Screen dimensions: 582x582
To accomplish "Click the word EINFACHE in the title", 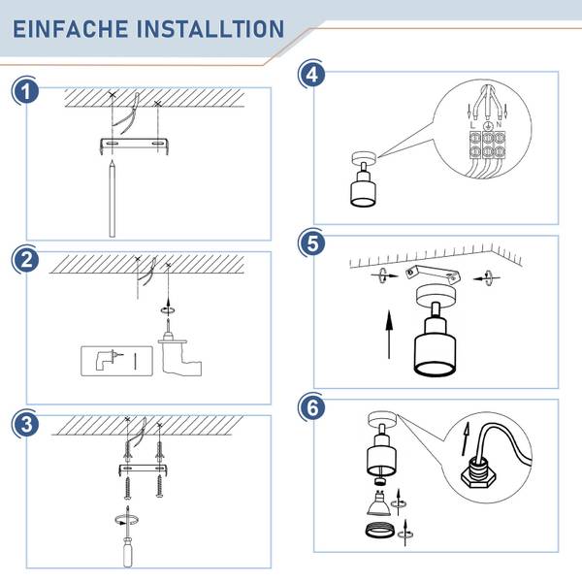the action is (71, 29).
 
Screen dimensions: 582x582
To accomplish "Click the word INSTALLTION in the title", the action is (210, 29).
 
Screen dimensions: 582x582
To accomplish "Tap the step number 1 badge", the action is (25, 91).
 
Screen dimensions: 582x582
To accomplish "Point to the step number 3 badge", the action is (25, 424).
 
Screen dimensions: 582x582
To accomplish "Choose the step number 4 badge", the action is (311, 75).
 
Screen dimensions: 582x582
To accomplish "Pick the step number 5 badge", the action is (311, 243).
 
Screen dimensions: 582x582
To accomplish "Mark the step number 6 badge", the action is (311, 407).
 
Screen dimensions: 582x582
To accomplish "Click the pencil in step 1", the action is (113, 199).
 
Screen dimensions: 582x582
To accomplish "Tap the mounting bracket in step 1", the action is (135, 145).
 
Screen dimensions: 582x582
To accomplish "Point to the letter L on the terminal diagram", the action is (472, 125).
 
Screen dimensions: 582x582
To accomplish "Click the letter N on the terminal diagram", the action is (499, 124).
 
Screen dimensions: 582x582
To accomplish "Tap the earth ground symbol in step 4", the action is (488, 126).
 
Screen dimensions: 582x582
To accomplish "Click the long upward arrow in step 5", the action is (389, 334).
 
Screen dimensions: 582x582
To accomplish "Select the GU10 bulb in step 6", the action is (378, 502).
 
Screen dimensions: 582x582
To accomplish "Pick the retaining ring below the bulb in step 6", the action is (378, 531).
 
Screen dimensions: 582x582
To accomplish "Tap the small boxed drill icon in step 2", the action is (116, 361).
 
